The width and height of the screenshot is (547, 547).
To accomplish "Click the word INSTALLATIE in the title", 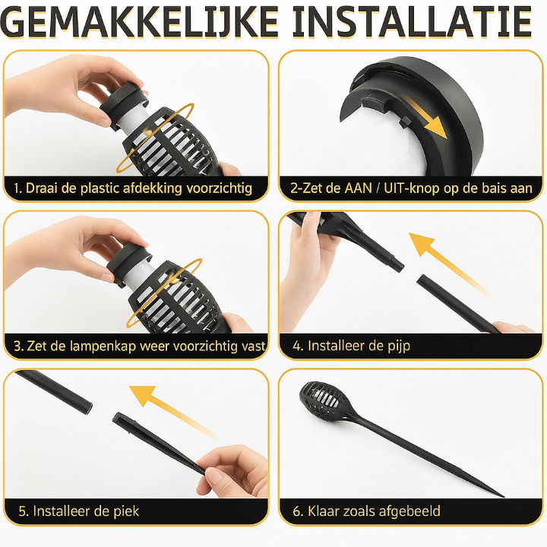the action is click(x=413, y=22).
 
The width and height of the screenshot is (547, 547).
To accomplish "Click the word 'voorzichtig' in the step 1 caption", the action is click(x=219, y=188).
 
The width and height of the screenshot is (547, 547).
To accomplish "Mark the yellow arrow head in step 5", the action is click(x=141, y=394).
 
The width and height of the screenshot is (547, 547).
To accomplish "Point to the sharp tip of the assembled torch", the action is click(x=504, y=495).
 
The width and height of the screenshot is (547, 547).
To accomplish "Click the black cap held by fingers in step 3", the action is click(x=128, y=263).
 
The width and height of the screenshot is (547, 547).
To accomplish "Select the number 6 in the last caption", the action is click(x=296, y=511).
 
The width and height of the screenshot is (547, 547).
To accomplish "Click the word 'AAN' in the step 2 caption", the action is click(x=359, y=188).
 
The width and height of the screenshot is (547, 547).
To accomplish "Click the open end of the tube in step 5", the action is click(x=89, y=407).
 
